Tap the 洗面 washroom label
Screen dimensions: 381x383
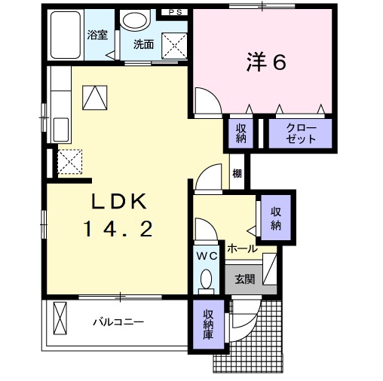point(143,44)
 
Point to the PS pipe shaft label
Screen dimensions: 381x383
point(175,12)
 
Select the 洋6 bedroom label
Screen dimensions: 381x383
point(265,63)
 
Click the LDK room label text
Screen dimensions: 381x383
point(122,201)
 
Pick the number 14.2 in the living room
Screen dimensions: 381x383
point(122,228)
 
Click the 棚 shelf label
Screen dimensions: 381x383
point(237,174)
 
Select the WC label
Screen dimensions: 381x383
point(207,256)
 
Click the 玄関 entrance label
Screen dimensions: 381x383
point(244,279)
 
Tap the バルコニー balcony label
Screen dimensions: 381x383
point(118,322)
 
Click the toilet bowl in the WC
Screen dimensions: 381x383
point(207,279)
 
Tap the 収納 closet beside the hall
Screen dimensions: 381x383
point(276,217)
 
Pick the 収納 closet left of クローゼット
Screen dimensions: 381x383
point(241,133)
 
